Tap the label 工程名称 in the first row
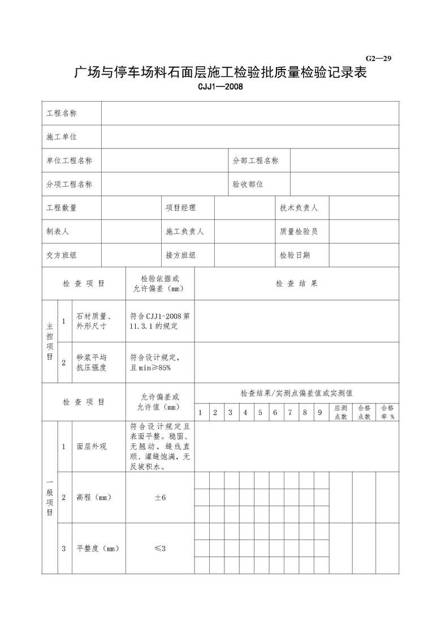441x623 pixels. (x=61, y=113)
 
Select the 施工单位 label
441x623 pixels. (x=61, y=137)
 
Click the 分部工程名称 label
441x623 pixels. (x=256, y=160)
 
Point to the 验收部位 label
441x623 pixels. (x=248, y=184)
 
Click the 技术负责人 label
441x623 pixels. (x=299, y=208)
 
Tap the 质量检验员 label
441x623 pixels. (x=299, y=232)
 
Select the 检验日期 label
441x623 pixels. (x=295, y=255)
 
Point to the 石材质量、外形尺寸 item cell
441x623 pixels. (x=94, y=321)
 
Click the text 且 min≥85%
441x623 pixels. (x=150, y=367)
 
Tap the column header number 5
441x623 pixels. (x=260, y=412)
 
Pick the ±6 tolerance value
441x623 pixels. (x=160, y=497)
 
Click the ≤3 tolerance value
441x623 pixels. (x=160, y=548)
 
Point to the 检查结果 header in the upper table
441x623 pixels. (x=296, y=284)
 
